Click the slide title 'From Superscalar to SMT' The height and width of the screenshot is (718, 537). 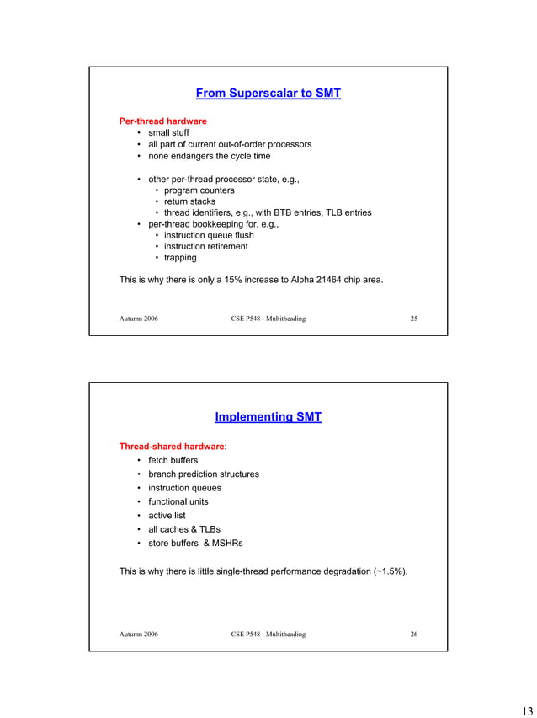pyautogui.click(x=268, y=94)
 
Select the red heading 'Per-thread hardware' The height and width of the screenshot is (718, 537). pyautogui.click(x=162, y=121)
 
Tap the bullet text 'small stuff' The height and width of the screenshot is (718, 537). pyautogui.click(x=168, y=133)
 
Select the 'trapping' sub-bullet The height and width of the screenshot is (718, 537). pyautogui.click(x=180, y=258)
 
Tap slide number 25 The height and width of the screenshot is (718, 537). pyautogui.click(x=413, y=319)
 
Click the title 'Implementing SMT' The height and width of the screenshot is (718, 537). pyautogui.click(x=268, y=417)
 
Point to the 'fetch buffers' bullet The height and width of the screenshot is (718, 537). pyautogui.click(x=173, y=460)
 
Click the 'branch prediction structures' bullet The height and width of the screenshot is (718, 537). pyautogui.click(x=204, y=474)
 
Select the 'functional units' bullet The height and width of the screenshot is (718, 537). pyautogui.click(x=178, y=501)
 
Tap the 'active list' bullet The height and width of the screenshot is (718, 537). pyautogui.click(x=167, y=515)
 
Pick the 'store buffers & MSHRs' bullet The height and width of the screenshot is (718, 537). pyautogui.click(x=195, y=543)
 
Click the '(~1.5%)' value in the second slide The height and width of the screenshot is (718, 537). pyautogui.click(x=391, y=571)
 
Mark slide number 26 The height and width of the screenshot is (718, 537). pyautogui.click(x=413, y=635)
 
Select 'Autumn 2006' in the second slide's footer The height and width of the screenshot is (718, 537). pyautogui.click(x=138, y=635)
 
